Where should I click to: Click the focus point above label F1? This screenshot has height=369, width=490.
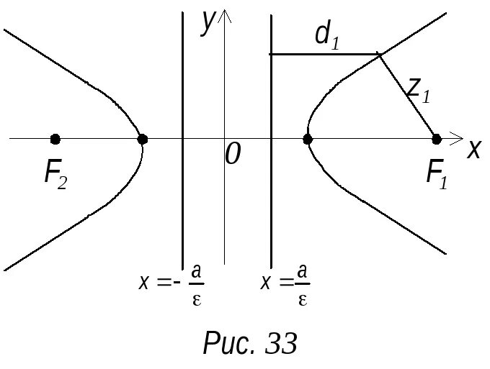tap(436, 139)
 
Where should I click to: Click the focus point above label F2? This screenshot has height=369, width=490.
tap(55, 139)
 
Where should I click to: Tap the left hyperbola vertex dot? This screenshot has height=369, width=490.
tap(143, 139)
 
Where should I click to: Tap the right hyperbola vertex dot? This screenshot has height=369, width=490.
tap(308, 139)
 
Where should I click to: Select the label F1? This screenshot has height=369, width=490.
tap(437, 174)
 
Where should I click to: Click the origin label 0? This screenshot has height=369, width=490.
tap(232, 153)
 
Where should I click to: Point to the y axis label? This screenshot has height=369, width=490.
tap(209, 21)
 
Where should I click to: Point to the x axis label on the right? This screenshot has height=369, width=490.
tap(473, 150)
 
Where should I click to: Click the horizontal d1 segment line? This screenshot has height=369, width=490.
tap(324, 54)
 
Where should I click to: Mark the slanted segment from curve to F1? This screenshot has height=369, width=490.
tap(408, 96)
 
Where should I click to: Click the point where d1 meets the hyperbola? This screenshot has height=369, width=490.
tap(380, 54)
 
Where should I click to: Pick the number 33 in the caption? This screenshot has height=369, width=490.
tap(281, 343)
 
